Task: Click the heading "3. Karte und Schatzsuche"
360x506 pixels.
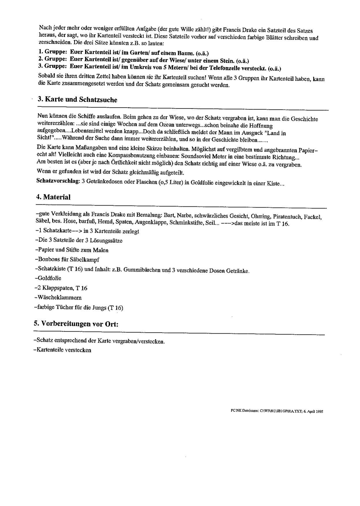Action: [x=77, y=100]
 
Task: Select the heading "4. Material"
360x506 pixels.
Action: [x=53, y=197]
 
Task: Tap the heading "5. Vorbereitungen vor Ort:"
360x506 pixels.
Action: [x=76, y=324]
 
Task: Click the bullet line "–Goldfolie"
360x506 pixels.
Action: [x=48, y=278]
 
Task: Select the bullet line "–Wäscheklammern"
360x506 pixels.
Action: [x=58, y=298]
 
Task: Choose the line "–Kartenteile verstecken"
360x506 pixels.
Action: [x=62, y=350]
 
